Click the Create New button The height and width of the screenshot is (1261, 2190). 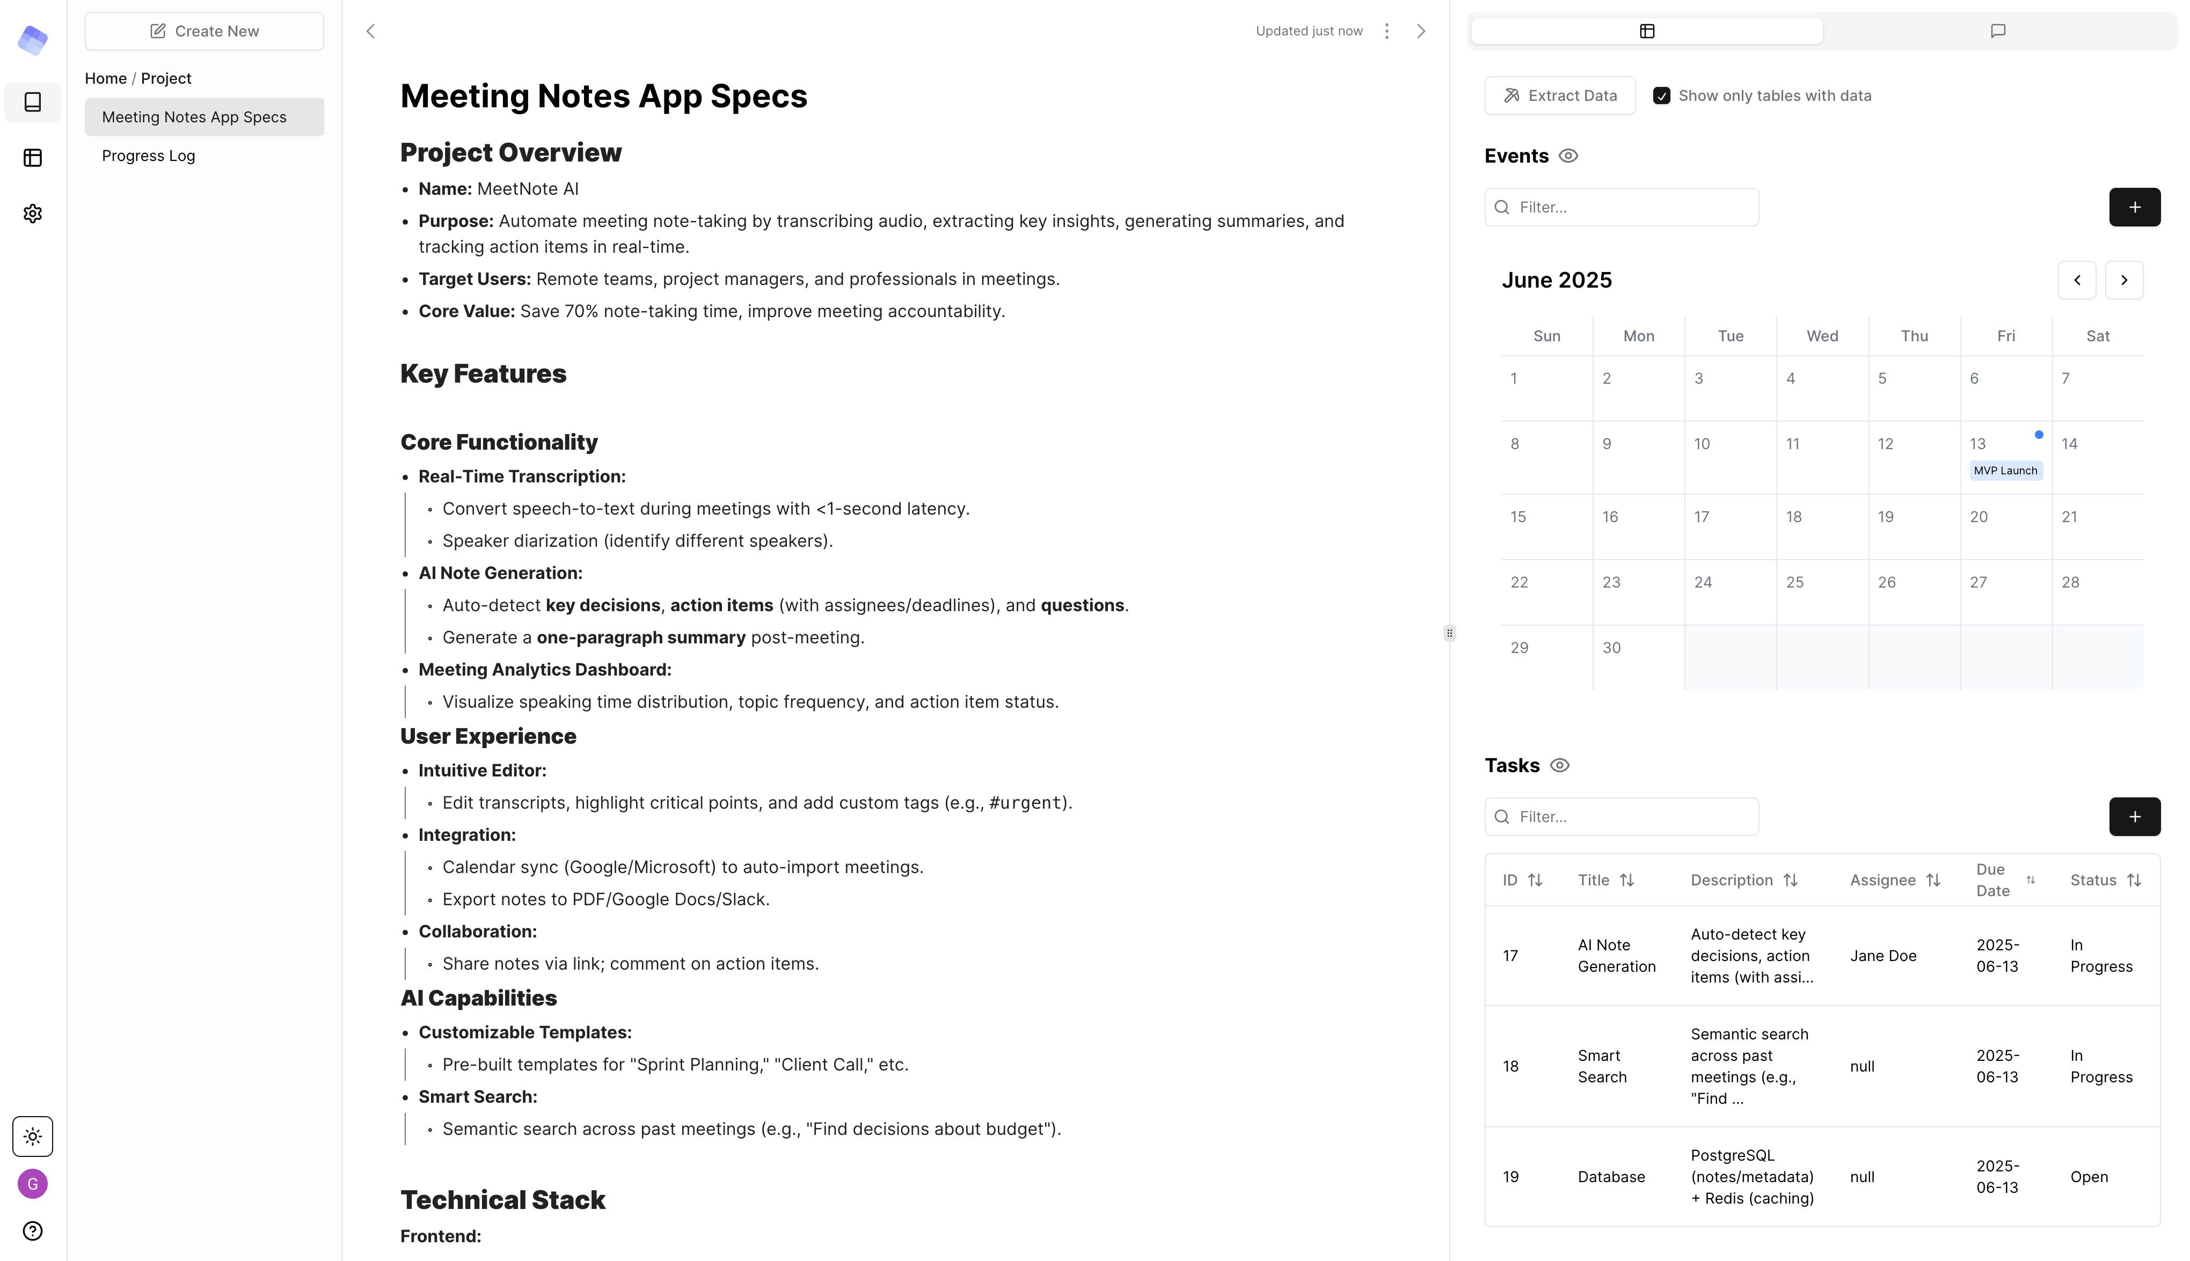[205, 31]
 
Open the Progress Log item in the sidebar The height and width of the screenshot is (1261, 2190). [148, 156]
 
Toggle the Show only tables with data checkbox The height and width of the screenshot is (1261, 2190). [1661, 96]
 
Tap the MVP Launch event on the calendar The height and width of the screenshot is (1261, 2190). [2005, 470]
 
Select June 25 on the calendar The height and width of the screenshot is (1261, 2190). [1795, 582]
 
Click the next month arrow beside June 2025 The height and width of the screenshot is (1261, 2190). [2123, 280]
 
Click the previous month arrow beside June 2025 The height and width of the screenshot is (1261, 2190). [2077, 280]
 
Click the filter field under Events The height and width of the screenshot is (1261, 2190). [1622, 207]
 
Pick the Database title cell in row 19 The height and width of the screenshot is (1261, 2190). [1610, 1176]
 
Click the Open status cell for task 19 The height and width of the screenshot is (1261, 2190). [2089, 1176]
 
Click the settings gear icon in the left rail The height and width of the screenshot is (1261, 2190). [33, 213]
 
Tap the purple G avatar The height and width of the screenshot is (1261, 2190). [33, 1183]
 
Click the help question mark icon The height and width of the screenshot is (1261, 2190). [33, 1231]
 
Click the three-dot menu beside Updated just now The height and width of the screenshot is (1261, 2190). [1386, 31]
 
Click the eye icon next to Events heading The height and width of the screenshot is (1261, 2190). [1567, 156]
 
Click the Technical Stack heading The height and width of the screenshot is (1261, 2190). [502, 1199]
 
